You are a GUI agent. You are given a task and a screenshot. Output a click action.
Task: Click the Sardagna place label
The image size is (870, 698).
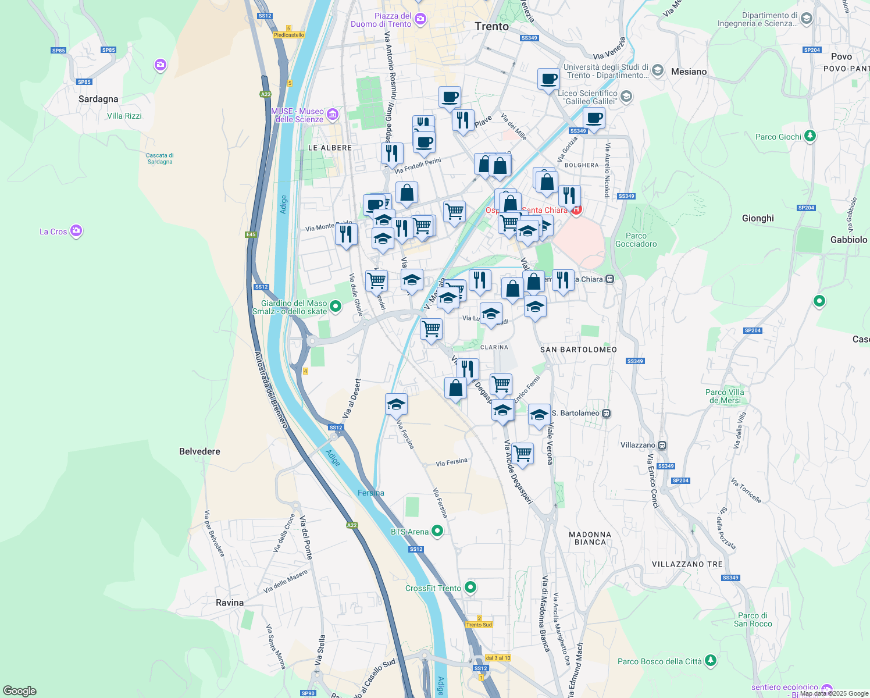98,99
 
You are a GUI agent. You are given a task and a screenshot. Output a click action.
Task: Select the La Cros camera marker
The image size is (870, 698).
76,231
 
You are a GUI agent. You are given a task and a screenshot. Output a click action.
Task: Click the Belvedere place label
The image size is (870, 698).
199,451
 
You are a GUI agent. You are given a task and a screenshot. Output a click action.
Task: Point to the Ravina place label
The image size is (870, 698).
230,603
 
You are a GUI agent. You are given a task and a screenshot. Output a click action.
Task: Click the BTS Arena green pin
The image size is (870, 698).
438,531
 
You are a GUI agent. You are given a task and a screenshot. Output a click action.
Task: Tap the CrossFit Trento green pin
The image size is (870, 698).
470,587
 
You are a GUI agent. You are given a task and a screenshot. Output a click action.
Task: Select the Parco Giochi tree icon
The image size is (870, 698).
810,137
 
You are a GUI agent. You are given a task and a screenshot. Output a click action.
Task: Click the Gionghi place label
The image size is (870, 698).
758,218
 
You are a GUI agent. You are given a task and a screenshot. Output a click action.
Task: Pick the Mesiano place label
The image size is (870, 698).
689,72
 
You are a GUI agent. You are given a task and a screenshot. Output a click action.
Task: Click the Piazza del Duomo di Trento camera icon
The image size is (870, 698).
420,20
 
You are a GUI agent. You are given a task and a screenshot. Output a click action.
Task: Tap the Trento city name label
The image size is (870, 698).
491,26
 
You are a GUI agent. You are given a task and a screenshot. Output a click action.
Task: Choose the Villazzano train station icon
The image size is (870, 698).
662,445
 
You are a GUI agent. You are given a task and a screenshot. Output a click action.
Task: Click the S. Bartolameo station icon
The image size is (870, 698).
606,413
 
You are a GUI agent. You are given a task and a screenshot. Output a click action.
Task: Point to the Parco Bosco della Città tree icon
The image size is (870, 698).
710,661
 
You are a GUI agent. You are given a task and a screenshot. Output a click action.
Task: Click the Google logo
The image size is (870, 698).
20,691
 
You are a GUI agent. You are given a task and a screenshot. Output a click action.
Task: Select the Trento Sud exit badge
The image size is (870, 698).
479,625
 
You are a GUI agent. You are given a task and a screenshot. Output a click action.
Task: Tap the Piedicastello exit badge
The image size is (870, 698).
289,35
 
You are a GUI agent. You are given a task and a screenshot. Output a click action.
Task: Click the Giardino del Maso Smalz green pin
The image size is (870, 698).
335,306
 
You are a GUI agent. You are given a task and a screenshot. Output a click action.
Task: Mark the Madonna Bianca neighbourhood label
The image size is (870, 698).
590,538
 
